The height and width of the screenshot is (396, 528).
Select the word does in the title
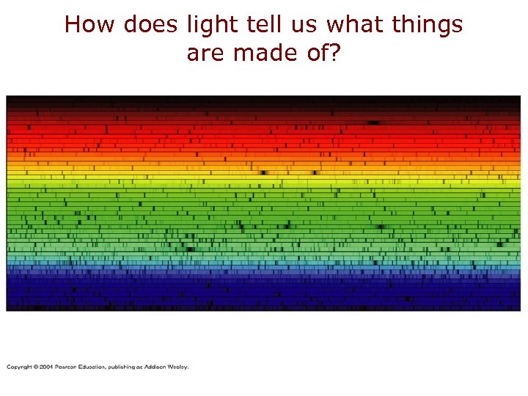(150, 25)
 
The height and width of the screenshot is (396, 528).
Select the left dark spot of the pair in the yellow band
(265, 173)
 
